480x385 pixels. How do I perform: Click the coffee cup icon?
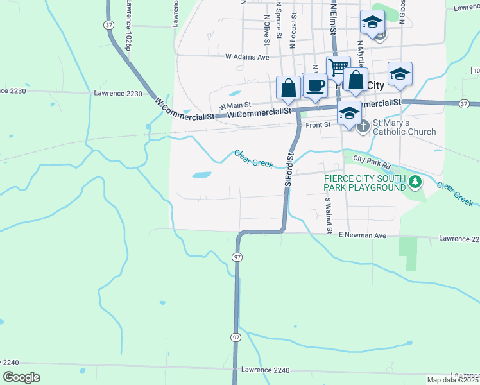[314, 85]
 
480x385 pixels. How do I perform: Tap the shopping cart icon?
[338, 67]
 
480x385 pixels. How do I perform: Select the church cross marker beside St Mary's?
[363, 126]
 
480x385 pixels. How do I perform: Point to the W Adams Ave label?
[247, 56]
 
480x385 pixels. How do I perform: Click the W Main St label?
[235, 105]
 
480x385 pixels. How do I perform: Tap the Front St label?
[318, 125]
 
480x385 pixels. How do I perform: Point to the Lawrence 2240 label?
[266, 370]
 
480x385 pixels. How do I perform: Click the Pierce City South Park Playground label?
[364, 182]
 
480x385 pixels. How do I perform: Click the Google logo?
[22, 377]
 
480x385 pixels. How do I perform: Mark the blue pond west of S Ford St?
[201, 175]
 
